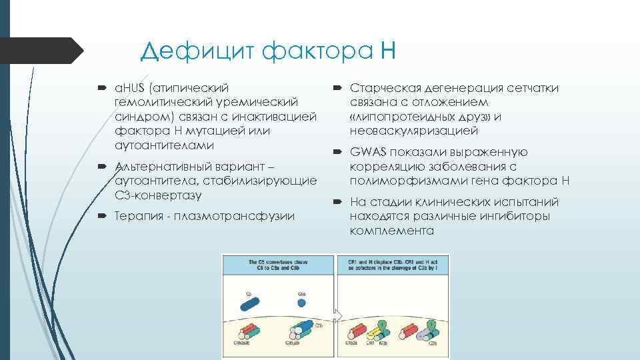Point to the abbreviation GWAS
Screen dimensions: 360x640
click(367, 153)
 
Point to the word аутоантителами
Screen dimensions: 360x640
click(164, 145)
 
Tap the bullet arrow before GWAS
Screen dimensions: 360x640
click(337, 153)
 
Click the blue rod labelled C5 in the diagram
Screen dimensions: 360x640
click(249, 302)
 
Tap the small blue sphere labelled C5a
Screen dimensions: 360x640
click(301, 302)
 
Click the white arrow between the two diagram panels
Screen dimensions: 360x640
click(338, 315)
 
